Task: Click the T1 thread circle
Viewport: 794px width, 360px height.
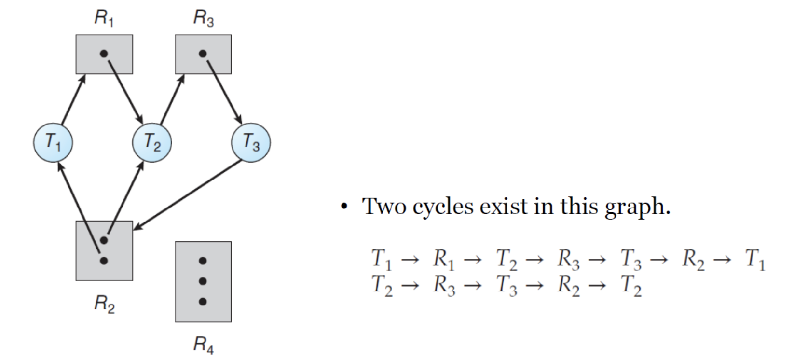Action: point(53,142)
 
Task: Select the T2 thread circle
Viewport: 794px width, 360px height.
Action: point(152,142)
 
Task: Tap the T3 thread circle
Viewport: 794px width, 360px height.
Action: point(251,142)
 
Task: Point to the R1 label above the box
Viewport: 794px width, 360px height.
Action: point(104,18)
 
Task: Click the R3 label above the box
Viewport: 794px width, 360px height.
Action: point(203,18)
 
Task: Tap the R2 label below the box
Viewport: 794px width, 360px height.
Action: point(104,304)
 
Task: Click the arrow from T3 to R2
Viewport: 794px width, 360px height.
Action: point(188,194)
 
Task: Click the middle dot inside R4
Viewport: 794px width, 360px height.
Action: point(203,281)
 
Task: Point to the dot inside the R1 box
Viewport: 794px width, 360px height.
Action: point(104,54)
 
